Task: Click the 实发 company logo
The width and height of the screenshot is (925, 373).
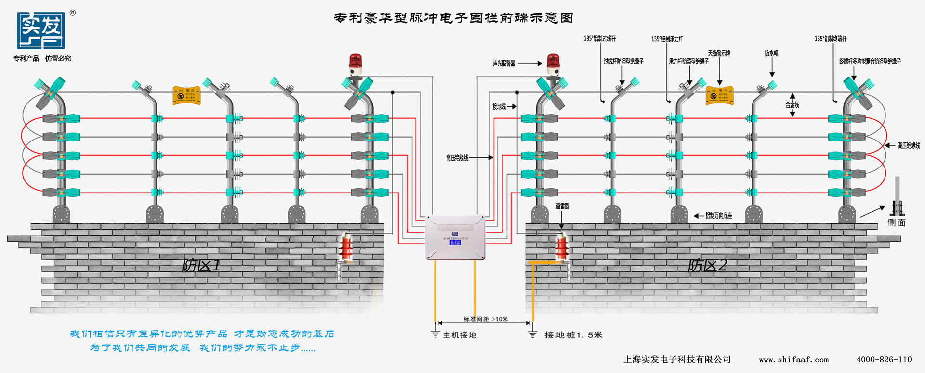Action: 41,31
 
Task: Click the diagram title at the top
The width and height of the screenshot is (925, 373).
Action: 453,18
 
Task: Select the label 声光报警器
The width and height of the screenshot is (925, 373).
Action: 504,64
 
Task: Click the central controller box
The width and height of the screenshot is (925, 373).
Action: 455,237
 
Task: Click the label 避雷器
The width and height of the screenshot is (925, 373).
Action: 562,206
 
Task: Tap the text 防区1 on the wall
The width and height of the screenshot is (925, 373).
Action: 201,265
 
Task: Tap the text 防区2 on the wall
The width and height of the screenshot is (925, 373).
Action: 707,265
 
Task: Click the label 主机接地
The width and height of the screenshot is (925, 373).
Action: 460,335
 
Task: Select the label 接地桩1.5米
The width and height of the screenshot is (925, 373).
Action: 573,335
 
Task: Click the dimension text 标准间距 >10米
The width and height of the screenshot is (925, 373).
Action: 486,319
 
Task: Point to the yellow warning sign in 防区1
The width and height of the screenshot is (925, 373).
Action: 187,95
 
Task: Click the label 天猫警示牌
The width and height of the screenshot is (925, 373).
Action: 719,53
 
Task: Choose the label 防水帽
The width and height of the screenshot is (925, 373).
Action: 771,53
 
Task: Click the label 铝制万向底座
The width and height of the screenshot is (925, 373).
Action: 719,216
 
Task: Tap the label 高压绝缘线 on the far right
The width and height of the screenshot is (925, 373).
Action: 909,145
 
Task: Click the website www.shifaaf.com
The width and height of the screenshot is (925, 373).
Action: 794,360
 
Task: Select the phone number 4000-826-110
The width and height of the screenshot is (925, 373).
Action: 884,360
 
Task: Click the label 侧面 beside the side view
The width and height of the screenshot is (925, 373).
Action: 897,222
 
